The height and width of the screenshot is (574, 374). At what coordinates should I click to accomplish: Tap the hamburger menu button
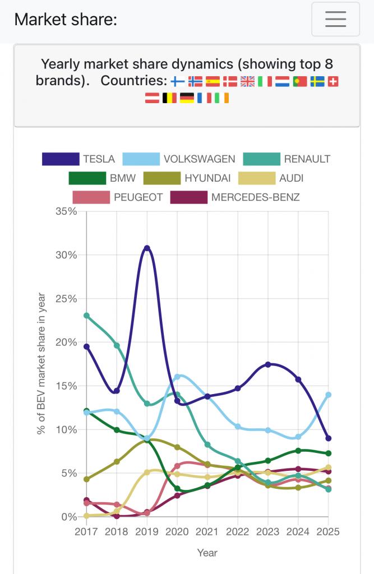335,19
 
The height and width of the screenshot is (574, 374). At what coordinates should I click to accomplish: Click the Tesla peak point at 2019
147,248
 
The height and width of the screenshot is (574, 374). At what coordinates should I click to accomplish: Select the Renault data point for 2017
86,316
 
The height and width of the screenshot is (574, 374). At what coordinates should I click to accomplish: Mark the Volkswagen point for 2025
328,395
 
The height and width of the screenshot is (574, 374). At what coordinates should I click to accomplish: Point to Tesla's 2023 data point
268,364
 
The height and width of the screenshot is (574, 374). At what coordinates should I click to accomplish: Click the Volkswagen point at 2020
177,377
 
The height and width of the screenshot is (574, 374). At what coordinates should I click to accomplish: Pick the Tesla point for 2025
328,438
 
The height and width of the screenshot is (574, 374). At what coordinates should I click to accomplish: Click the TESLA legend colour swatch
60,159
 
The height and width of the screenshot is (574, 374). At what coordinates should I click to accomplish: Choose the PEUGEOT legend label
138,197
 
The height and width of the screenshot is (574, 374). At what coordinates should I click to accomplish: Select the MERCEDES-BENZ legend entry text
255,197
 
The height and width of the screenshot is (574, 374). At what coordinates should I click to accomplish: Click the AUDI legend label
291,178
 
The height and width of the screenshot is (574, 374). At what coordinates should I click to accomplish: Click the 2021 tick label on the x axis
207,531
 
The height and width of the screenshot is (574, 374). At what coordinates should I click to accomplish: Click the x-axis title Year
207,553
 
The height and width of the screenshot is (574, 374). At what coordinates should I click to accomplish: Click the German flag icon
187,98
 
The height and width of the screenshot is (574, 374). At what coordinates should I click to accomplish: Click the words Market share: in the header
66,19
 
